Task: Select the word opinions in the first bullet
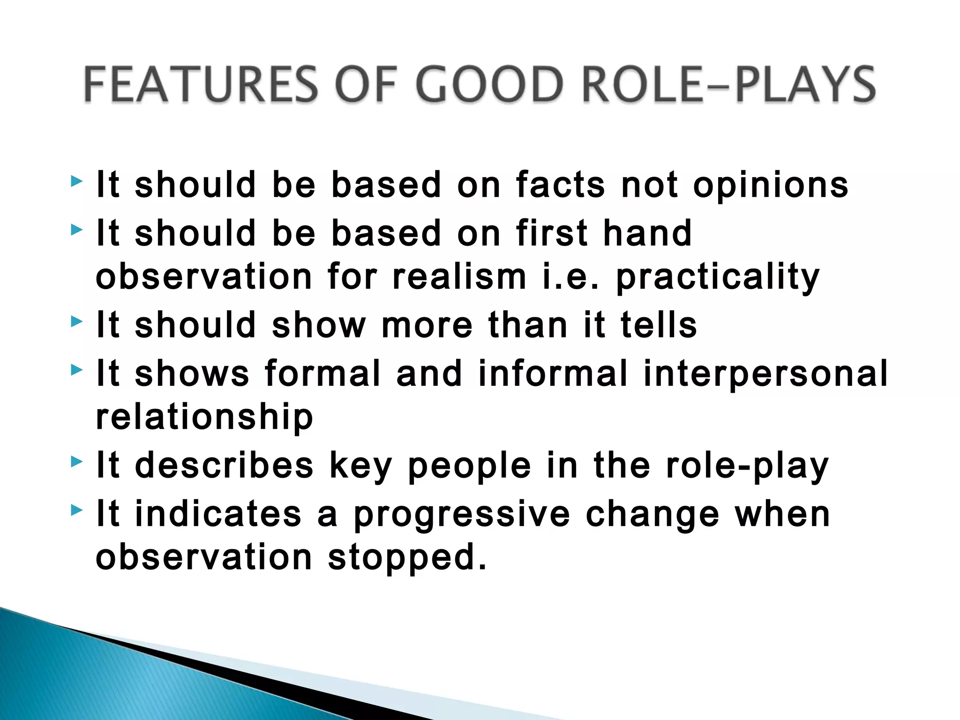[771, 186]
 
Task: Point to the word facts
[561, 185]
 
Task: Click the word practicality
[718, 277]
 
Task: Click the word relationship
[204, 417]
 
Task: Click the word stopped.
[407, 558]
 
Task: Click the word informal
[553, 373]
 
